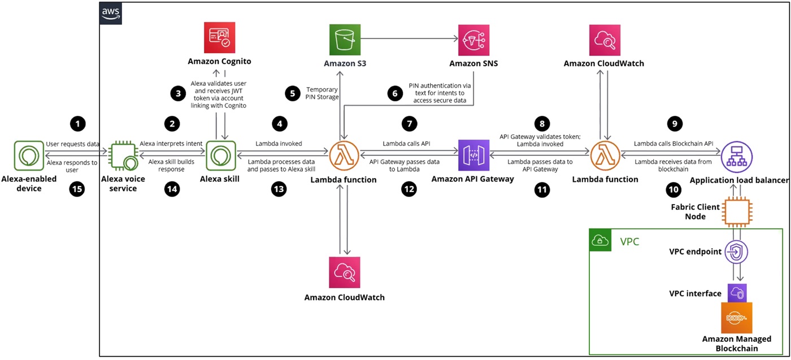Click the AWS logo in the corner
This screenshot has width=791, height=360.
111,14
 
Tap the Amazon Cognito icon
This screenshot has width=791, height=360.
220,37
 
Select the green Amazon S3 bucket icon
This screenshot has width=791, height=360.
345,40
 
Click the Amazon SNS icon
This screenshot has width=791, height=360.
473,40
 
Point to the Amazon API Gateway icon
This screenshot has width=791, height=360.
473,155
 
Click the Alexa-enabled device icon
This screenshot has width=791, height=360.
29,155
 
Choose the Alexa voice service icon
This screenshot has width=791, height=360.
123,156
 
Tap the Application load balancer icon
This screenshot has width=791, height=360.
737,157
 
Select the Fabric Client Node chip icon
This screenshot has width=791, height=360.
737,212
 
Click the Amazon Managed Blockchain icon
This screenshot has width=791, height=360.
737,318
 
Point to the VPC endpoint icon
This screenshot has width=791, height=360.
736,252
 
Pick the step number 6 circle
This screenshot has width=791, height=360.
395,93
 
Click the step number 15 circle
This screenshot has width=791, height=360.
77,189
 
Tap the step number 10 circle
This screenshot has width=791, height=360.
673,190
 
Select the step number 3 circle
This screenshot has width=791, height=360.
178,94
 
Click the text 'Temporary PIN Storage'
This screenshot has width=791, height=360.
322,93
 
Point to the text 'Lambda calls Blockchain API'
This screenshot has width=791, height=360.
673,144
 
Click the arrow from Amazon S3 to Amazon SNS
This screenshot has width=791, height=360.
409,38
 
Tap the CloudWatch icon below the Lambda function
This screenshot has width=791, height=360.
345,272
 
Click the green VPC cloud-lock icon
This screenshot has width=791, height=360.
600,240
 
